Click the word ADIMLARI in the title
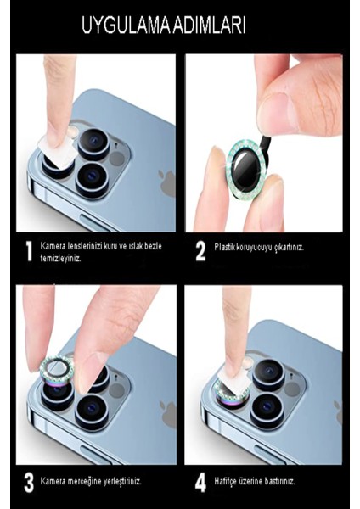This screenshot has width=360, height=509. tap(210, 25)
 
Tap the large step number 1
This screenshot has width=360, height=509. tap(29, 252)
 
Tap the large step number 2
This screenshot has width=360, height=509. tap(200, 252)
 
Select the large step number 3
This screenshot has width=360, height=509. tap(29, 483)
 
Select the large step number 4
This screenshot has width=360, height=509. tap(200, 483)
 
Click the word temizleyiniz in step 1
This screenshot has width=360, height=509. tap(60, 259)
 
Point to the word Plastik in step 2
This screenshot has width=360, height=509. tap(224, 247)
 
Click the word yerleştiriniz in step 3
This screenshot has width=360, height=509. tap(122, 481)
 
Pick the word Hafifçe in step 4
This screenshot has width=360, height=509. tap(224, 481)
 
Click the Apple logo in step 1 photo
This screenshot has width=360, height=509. tap(167, 183)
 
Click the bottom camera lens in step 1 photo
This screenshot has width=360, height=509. tap(93, 181)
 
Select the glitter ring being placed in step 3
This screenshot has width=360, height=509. tap(57, 369)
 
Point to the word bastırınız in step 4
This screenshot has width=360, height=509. tap(279, 481)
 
